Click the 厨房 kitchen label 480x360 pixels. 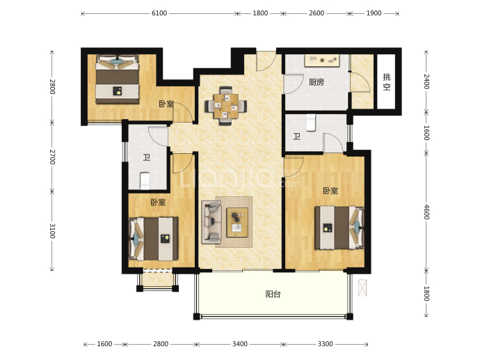pyautogui.click(x=316, y=82)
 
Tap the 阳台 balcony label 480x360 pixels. pyautogui.click(x=273, y=295)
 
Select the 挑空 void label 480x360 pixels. pyautogui.click(x=387, y=81)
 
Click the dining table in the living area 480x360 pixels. pyautogui.click(x=226, y=106)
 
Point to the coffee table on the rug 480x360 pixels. pyautogui.click(x=237, y=222)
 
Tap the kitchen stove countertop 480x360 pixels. pyautogui.click(x=321, y=61)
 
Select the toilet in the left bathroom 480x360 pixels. pyautogui.click(x=145, y=181)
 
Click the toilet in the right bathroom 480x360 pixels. pyautogui.click(x=311, y=123)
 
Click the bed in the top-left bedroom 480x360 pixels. pyautogui.click(x=118, y=79)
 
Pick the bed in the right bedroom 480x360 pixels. pyautogui.click(x=339, y=227)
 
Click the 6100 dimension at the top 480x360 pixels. pyautogui.click(x=159, y=13)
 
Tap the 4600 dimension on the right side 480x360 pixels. pyautogui.click(x=426, y=212)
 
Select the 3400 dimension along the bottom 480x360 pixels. pyautogui.click(x=240, y=344)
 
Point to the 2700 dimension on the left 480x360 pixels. pyautogui.click(x=52, y=157)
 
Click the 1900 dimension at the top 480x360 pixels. pyautogui.click(x=374, y=13)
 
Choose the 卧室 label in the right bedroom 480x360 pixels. pyautogui.click(x=330, y=191)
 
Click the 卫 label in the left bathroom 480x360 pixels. pyautogui.click(x=146, y=157)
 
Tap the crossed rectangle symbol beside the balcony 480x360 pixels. pyautogui.click(x=362, y=288)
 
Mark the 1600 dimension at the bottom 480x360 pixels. pyautogui.click(x=104, y=344)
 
